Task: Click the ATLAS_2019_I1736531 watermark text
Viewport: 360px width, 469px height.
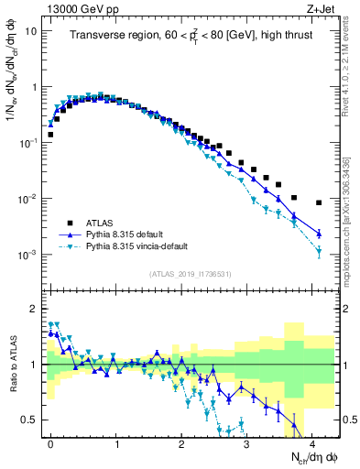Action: coord(190,274)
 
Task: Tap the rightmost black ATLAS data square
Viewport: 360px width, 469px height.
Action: coord(319,202)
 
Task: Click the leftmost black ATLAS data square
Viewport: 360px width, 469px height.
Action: coord(50,135)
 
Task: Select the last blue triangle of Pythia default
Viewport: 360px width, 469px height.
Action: coord(319,234)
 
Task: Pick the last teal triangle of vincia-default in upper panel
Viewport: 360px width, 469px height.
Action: coord(319,250)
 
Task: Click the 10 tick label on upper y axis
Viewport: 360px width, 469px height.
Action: coord(31,31)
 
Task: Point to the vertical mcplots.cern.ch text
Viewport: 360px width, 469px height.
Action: coord(352,202)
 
